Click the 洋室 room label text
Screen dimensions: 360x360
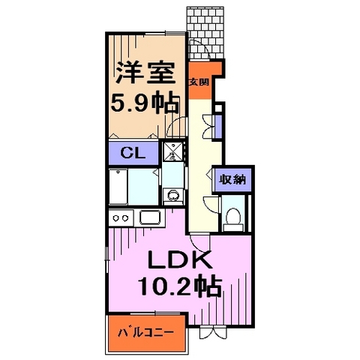[x=145, y=73]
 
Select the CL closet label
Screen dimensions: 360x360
[x=133, y=154]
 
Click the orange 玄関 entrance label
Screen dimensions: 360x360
[x=198, y=83]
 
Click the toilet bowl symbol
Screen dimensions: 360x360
[x=232, y=218]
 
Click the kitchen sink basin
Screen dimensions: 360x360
[x=150, y=218]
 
